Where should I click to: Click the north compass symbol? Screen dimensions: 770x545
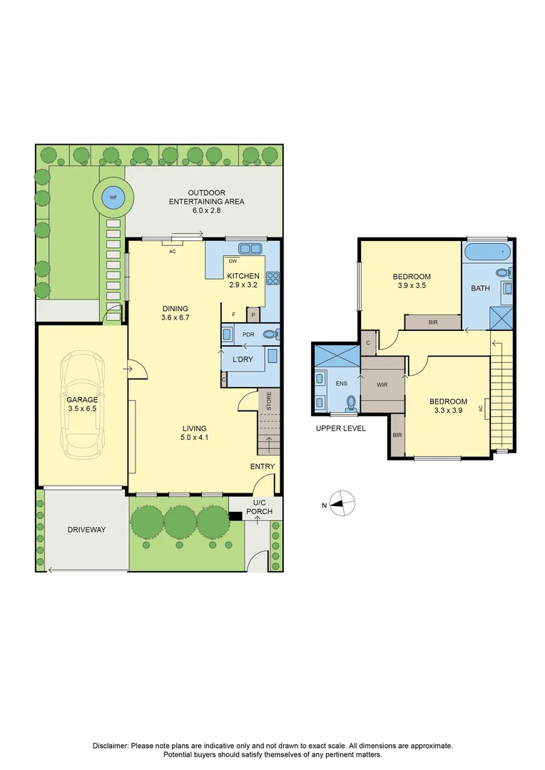342,505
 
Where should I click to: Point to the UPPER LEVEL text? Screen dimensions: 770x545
340,428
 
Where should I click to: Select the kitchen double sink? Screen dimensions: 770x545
249,249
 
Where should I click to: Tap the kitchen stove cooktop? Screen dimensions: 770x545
272,278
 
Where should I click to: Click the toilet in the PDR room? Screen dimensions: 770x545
270,334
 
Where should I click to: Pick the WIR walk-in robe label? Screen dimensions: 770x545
383,384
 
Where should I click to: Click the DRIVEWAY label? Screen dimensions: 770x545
86,530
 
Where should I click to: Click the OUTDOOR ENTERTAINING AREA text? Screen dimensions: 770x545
206,197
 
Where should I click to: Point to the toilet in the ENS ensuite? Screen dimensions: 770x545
350,404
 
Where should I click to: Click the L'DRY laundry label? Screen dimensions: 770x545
240,359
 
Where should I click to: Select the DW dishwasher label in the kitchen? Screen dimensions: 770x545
233,261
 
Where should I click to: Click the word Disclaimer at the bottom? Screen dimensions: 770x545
111,746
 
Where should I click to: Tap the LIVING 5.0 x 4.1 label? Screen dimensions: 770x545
195,433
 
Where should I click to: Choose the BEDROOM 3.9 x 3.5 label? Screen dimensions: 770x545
412,281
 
